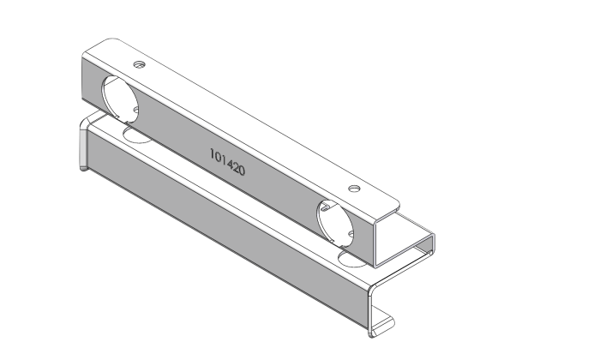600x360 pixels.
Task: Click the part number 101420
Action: (227, 163)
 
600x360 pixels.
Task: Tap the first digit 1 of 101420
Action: (212, 154)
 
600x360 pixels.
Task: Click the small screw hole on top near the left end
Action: (139, 64)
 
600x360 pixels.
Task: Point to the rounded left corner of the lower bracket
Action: (83, 129)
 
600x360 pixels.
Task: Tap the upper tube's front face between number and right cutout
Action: (283, 193)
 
